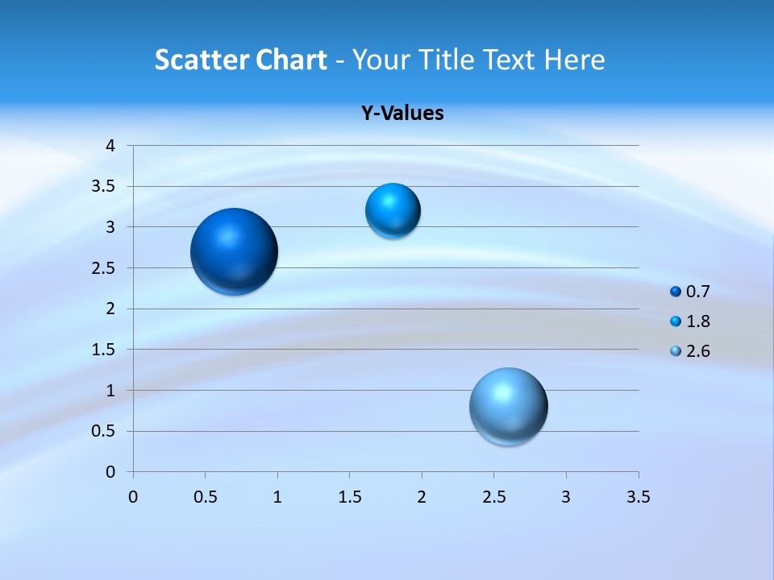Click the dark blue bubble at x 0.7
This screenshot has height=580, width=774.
point(235,251)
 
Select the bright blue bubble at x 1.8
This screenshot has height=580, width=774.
point(393,211)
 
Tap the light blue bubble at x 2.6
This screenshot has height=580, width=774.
point(508,406)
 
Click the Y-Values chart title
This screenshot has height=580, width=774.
point(402,114)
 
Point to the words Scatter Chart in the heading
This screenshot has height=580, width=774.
point(240,60)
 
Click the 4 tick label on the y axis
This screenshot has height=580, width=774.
point(110,146)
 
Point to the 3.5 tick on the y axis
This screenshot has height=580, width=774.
point(104,187)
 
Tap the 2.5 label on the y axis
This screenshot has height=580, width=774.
point(104,268)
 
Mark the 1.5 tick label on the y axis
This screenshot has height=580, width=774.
point(104,350)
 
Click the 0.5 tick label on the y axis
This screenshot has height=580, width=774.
point(104,431)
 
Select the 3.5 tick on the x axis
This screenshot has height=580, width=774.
point(638,497)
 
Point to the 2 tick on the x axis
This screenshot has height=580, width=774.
point(422,497)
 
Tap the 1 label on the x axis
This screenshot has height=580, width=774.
point(277,497)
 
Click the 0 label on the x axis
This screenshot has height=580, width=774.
point(133,497)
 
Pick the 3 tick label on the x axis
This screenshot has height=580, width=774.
point(566,497)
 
